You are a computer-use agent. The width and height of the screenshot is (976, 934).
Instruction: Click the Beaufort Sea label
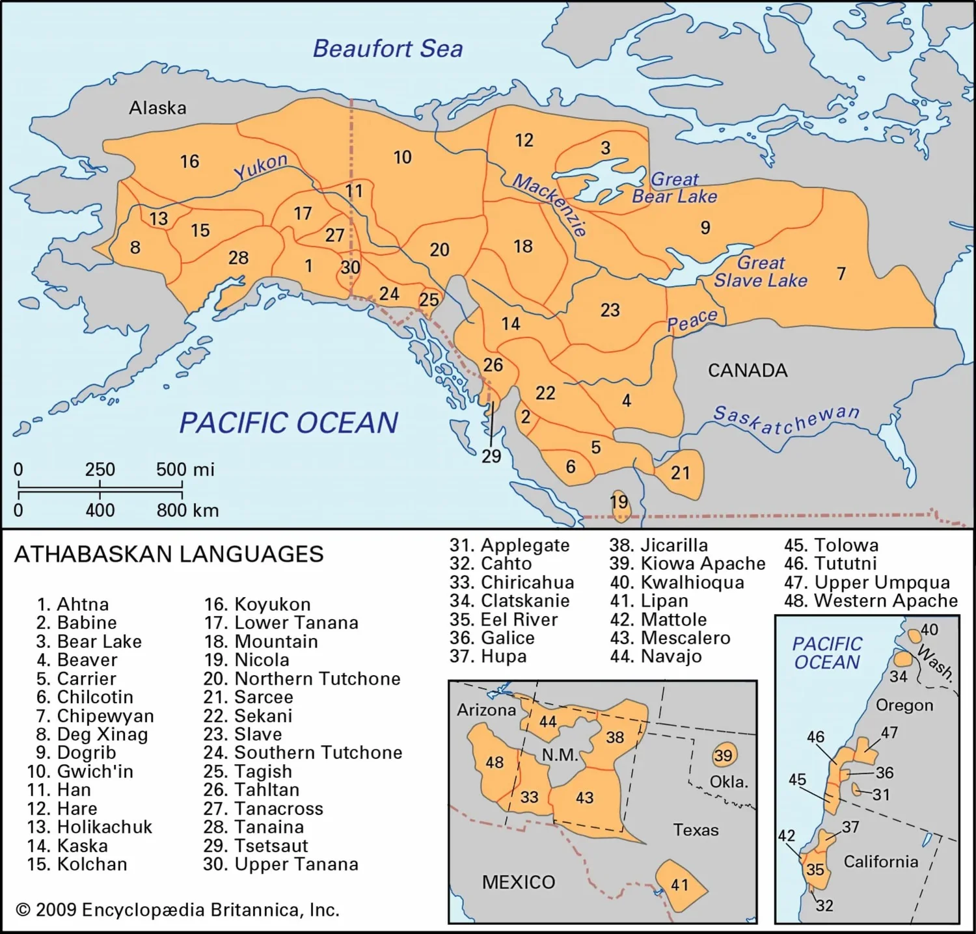point(388,49)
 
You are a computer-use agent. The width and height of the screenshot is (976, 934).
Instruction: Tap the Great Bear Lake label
point(675,187)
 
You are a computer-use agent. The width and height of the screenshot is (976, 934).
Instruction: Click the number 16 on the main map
point(189,161)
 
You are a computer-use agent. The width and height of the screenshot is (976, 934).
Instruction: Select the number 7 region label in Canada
point(841,273)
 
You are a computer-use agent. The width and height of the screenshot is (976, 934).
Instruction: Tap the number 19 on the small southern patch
point(619,501)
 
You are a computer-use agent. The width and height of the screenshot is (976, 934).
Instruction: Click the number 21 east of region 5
point(680,473)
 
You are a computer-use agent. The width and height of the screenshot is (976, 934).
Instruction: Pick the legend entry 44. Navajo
point(656,656)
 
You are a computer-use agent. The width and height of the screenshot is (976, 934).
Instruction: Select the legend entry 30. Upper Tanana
point(280,864)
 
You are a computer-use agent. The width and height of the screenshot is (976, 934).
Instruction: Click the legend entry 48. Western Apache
point(871,600)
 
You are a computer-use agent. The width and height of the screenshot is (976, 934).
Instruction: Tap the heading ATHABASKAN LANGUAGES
point(169,554)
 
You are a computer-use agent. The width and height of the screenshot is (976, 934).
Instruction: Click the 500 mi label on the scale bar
point(185,469)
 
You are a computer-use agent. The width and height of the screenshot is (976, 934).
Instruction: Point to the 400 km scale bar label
point(100,510)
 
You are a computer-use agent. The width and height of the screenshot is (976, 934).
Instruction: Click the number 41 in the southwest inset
point(679,885)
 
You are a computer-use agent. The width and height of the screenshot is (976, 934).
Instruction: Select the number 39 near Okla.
point(723,755)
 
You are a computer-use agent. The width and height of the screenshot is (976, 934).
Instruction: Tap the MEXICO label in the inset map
point(519,882)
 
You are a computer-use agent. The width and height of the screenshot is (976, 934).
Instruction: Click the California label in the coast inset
point(881,862)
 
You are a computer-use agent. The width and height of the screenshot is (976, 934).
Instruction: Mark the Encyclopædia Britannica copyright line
point(178,909)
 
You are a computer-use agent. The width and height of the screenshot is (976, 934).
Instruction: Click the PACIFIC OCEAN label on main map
point(288,423)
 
